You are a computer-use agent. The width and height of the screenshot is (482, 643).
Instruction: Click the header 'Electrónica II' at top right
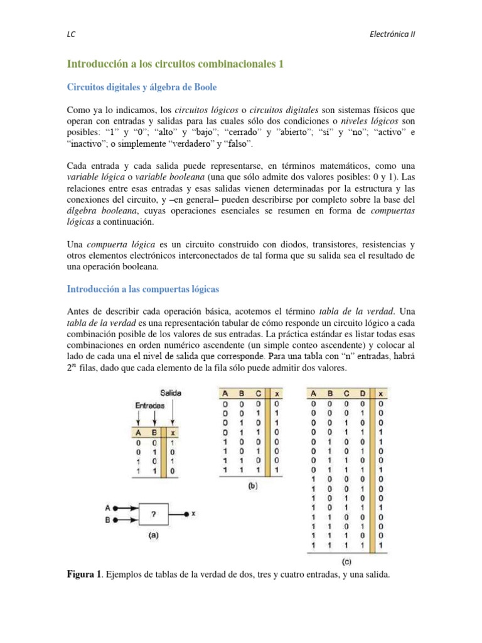click(x=390, y=35)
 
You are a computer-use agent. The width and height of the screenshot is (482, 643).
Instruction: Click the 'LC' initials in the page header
click(x=71, y=35)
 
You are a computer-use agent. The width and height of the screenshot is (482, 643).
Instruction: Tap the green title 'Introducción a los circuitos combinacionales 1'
click(x=175, y=64)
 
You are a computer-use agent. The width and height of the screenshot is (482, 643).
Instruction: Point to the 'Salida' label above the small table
click(x=170, y=392)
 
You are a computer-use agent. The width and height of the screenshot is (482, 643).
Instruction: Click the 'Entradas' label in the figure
click(x=150, y=406)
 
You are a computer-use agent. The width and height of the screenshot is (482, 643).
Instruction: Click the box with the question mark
click(x=153, y=514)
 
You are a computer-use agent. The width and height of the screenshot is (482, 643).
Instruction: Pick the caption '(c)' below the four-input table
click(x=346, y=561)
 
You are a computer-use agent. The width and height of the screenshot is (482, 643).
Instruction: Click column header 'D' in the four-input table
click(x=361, y=394)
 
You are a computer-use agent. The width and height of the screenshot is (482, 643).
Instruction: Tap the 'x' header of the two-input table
click(x=172, y=433)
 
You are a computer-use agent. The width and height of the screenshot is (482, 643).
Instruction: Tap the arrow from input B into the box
click(x=126, y=519)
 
